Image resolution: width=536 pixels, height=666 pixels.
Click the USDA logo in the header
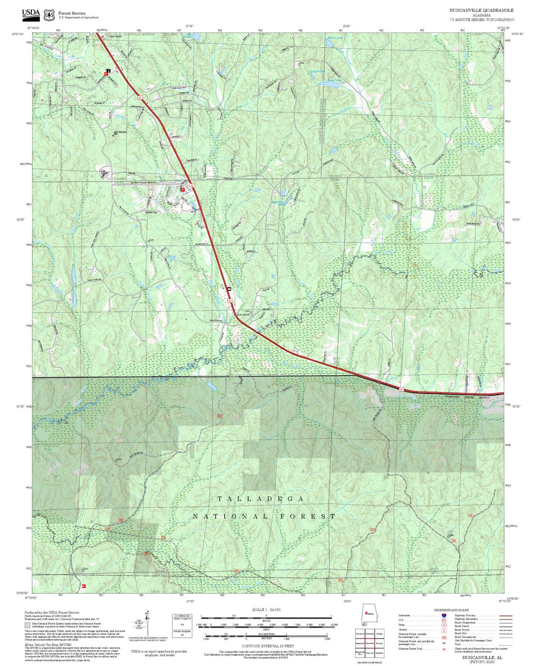pyautogui.click(x=31, y=14)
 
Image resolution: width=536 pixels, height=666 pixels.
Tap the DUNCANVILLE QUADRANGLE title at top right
pyautogui.click(x=481, y=10)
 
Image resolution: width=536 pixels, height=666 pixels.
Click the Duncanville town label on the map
pyautogui.click(x=243, y=314)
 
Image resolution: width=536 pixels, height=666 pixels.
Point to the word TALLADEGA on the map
pyautogui.click(x=260, y=499)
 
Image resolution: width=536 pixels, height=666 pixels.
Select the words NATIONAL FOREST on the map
pyautogui.click(x=264, y=516)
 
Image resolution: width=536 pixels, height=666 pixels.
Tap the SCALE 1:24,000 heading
pyautogui.click(x=266, y=610)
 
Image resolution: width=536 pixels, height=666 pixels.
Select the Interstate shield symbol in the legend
pyautogui.click(x=444, y=616)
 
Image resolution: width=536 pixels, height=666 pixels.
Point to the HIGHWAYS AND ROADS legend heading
pyautogui.click(x=451, y=610)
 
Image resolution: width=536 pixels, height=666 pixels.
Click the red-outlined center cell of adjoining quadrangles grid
pyautogui.click(x=369, y=643)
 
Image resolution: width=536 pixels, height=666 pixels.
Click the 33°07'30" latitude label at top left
pyautogui.click(x=17, y=34)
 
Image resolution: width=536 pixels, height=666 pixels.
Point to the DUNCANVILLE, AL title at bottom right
pyautogui.click(x=482, y=657)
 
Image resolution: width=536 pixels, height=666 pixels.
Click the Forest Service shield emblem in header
pyautogui.click(x=49, y=15)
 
